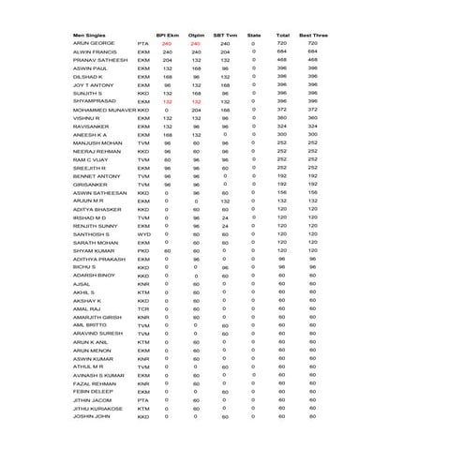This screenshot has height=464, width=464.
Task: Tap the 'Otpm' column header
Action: tap(196, 33)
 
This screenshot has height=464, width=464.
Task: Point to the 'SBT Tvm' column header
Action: tap(225, 33)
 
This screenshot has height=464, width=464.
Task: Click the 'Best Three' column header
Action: tap(311, 33)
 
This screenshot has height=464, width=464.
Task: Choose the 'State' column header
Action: tap(253, 33)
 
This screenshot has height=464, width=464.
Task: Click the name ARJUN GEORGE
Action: tap(93, 43)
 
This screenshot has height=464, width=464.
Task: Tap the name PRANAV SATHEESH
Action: tap(99, 60)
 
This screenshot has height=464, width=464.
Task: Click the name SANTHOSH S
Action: tap(91, 233)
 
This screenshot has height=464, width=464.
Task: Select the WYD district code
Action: tap(143, 233)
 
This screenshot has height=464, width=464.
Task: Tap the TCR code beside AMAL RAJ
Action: tap(143, 308)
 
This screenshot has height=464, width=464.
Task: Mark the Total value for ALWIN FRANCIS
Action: tap(281, 52)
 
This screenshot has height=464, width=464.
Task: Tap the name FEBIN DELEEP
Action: tap(92, 391)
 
